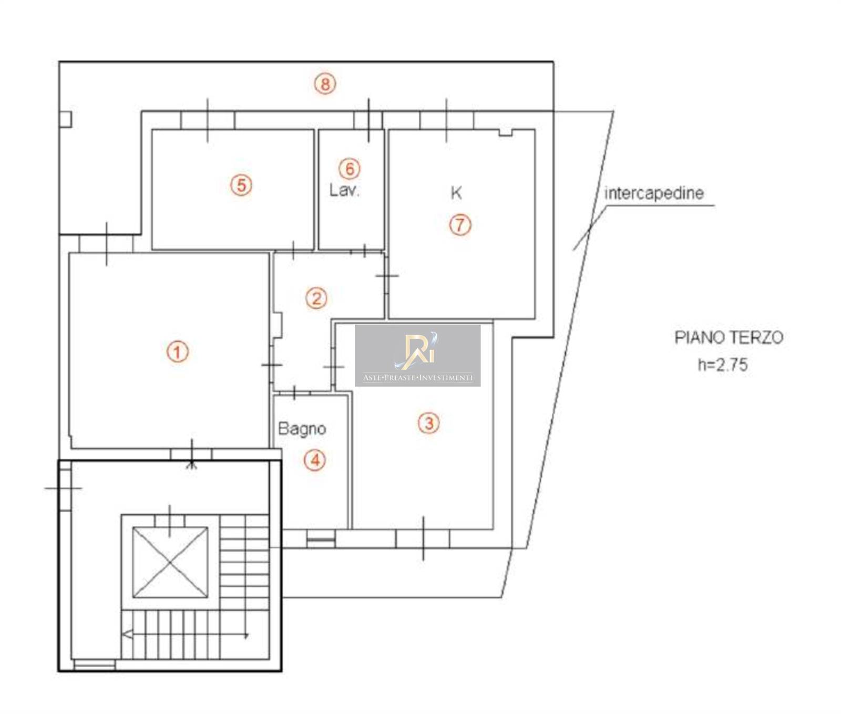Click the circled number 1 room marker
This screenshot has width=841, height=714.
(x=178, y=351)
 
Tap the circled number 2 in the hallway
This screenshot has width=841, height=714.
(x=316, y=298)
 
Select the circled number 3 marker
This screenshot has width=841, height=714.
(x=429, y=422)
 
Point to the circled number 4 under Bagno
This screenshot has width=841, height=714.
(x=315, y=460)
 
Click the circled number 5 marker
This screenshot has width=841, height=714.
(x=241, y=185)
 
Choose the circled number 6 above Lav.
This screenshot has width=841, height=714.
(x=350, y=169)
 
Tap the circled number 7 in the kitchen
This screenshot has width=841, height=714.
(x=460, y=225)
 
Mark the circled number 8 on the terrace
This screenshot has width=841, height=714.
(x=325, y=84)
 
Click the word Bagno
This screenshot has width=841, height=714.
(x=302, y=429)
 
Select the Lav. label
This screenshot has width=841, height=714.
(x=344, y=190)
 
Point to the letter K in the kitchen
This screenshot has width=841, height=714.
(x=456, y=193)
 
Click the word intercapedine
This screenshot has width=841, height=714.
(x=654, y=193)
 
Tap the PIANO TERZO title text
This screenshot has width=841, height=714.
(x=729, y=337)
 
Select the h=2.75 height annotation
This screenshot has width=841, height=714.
(x=723, y=365)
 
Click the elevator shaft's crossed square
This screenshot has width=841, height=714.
(x=170, y=563)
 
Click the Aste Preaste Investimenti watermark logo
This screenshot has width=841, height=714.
(x=418, y=356)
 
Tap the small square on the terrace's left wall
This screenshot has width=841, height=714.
(x=65, y=119)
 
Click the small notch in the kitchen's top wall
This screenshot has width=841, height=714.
(x=506, y=133)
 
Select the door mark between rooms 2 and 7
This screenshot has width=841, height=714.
(x=387, y=275)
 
